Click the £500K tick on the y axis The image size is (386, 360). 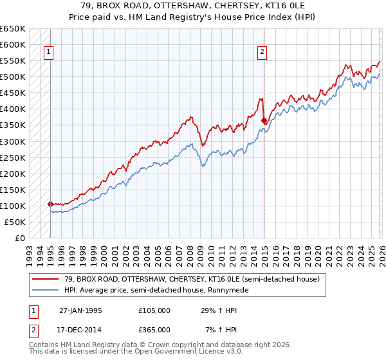tap(12, 77)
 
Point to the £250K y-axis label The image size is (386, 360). tap(12, 157)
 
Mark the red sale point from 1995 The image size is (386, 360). tap(50, 204)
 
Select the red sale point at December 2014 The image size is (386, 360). tap(264, 120)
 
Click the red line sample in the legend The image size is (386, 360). tap(44, 279)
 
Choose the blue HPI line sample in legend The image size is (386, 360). tap(44, 290)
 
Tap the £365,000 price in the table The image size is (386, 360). tap(154, 329)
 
